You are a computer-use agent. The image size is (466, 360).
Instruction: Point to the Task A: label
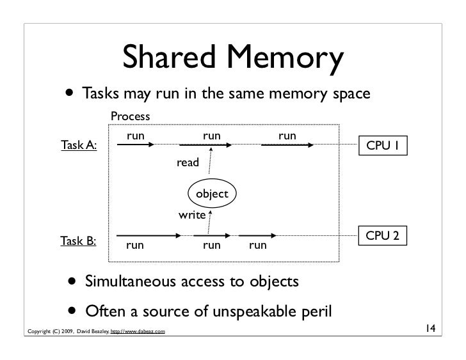tap(79, 146)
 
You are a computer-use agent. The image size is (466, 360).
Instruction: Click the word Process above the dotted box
tap(130, 116)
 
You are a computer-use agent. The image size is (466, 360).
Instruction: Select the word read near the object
tap(188, 163)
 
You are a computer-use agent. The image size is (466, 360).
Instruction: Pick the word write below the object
tap(191, 215)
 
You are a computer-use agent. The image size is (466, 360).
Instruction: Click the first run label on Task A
tap(134, 136)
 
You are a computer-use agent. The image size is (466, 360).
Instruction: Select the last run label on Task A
tap(287, 136)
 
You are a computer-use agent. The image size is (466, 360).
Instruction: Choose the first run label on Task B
tap(134, 245)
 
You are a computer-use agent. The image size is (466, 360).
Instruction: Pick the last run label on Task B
tap(258, 245)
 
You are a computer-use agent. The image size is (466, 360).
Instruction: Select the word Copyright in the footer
tap(36, 331)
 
